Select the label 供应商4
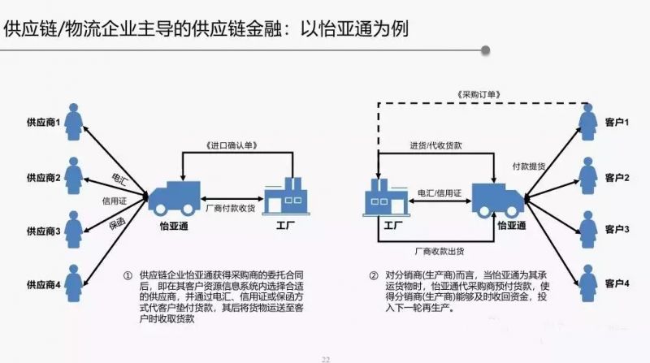click(x=41, y=284)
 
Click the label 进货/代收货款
click(x=435, y=145)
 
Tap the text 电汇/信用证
click(x=439, y=193)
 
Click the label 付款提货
click(x=529, y=166)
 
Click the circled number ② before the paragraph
click(x=373, y=276)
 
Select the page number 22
click(x=326, y=358)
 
